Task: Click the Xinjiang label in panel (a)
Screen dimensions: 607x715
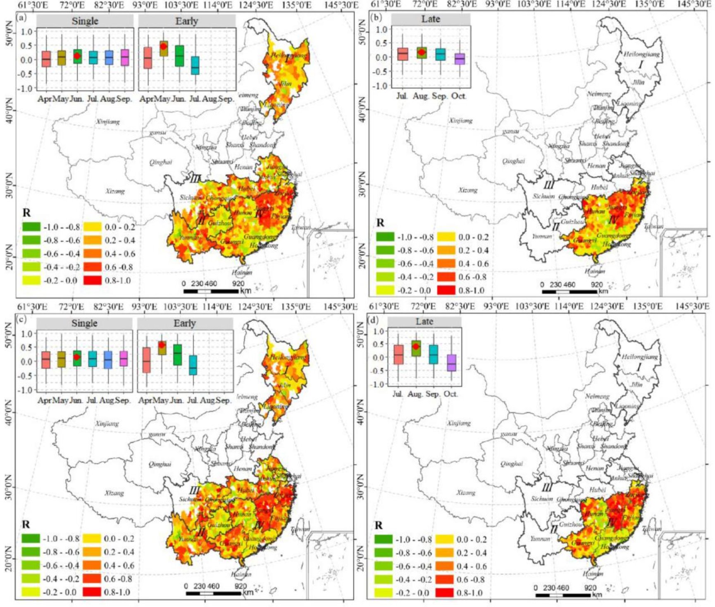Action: tap(108, 122)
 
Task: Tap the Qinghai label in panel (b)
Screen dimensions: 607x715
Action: tap(513, 161)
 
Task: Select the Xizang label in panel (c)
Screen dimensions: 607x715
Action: tap(114, 493)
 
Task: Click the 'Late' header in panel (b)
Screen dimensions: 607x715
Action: tap(431, 19)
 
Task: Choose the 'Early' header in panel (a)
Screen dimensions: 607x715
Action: tap(186, 21)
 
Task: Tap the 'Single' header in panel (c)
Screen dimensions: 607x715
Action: tap(84, 323)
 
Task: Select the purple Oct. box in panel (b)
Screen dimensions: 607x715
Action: tap(459, 59)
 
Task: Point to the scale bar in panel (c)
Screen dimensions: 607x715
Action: tap(213, 593)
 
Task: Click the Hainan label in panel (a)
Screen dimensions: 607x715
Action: tap(242, 272)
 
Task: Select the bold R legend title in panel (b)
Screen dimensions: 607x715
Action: tap(380, 223)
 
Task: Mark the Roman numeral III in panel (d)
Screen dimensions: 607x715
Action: tap(546, 488)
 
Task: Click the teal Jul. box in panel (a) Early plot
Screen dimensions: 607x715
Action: tap(195, 65)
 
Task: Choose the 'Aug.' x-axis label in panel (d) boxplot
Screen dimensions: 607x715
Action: tap(415, 394)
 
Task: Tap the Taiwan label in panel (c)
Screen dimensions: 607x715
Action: tap(300, 529)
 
